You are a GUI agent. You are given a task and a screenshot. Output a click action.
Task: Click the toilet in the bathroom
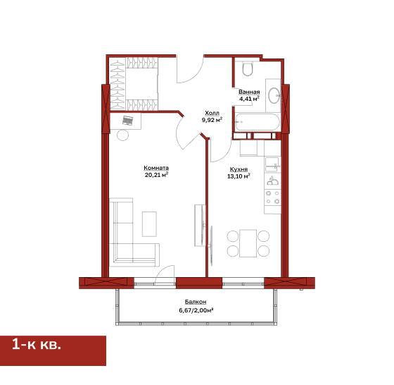pyautogui.click(x=248, y=68)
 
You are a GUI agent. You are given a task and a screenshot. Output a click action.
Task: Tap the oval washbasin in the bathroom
pyautogui.click(x=274, y=95)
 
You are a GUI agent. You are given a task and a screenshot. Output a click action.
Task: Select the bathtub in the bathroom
pyautogui.click(x=258, y=123)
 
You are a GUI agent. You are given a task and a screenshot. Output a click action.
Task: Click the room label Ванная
pyautogui.click(x=249, y=92)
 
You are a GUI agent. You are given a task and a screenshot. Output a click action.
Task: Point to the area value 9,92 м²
pyautogui.click(x=212, y=120)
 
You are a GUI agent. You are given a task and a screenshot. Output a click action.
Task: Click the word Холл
pyautogui.click(x=212, y=113)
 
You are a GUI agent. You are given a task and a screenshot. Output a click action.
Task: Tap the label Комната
pyautogui.click(x=156, y=168)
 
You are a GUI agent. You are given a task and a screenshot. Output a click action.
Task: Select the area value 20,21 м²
pyautogui.click(x=156, y=175)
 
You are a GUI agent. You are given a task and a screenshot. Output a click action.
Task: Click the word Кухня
pyautogui.click(x=239, y=169)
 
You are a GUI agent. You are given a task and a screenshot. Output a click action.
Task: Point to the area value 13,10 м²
pyautogui.click(x=239, y=176)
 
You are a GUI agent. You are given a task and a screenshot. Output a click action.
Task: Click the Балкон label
pyautogui.click(x=196, y=302)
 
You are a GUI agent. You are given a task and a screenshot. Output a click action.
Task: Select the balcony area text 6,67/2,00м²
pyautogui.click(x=196, y=310)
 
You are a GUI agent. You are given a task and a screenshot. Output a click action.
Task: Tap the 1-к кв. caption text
pyautogui.click(x=37, y=344)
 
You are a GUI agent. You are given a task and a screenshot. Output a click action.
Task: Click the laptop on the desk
pyautogui.click(x=127, y=121)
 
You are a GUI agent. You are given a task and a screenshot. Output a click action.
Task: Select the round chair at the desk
pyautogui.click(x=122, y=135)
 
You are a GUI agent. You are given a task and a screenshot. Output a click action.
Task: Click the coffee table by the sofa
pyautogui.click(x=149, y=224)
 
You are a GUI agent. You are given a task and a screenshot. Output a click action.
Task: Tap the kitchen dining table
pyautogui.click(x=248, y=243)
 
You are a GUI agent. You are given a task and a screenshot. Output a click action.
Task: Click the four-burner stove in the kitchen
pyautogui.click(x=273, y=197)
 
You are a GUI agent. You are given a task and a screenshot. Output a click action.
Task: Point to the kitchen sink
pyautogui.click(x=272, y=164)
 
